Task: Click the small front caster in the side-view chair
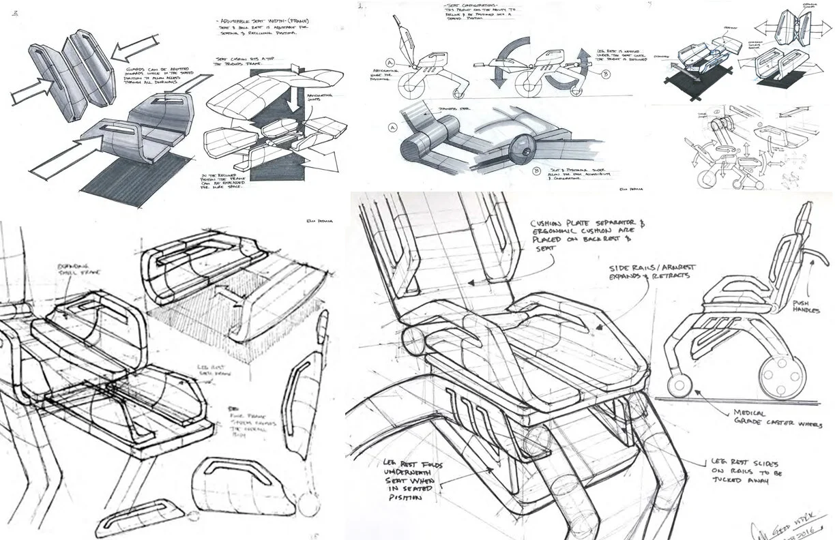click(677, 386)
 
